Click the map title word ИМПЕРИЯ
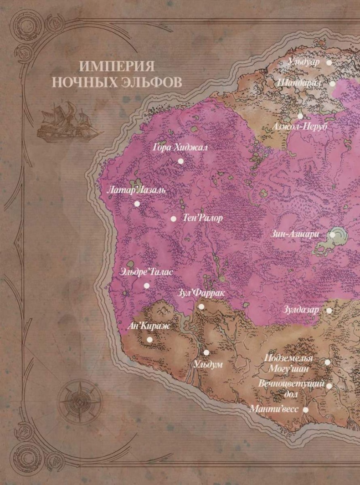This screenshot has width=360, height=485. click(117, 66)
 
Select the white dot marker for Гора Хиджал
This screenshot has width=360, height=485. click(180, 161)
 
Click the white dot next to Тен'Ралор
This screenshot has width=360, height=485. click(174, 219)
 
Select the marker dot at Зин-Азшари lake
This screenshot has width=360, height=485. click(332, 235)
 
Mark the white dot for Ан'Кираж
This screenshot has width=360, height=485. click(149, 340)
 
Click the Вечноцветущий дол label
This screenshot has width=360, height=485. click(292, 388)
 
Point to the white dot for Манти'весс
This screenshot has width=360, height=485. click(306, 409)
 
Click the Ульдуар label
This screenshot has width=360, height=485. click(304, 62)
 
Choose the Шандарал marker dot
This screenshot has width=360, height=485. click(333, 83)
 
